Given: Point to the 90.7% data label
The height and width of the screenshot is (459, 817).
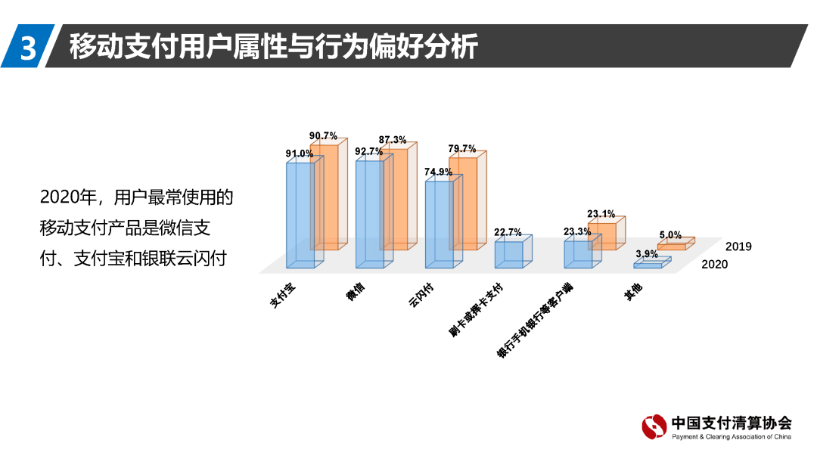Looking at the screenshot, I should tap(323, 136).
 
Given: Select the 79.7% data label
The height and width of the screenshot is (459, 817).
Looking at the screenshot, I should tap(461, 149).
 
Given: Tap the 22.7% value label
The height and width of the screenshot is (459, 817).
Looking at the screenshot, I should tap(508, 232).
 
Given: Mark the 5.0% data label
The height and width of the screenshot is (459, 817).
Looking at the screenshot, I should tap(669, 235).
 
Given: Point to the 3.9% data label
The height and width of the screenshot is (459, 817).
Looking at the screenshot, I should tap(646, 253).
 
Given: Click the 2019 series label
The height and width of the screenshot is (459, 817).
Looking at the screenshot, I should tap(738, 247).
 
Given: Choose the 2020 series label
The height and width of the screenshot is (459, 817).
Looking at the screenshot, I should tap(715, 264).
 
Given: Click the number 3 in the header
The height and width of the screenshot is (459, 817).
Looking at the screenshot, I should tap(27, 47).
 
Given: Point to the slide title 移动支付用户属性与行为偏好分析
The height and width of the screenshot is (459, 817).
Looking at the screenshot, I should tap(273, 46).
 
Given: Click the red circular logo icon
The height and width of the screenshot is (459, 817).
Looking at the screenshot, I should tap(654, 427).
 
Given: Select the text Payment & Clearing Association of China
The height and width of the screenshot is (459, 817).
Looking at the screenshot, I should tap(732, 437).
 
